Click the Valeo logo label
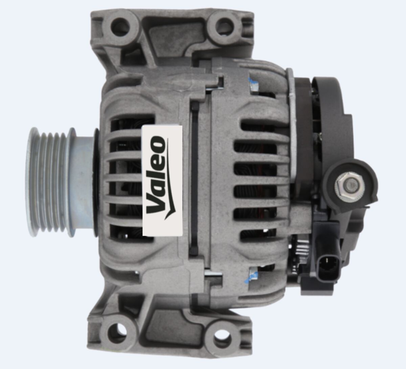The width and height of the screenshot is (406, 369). [162, 180]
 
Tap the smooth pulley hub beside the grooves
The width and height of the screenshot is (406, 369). [83, 181]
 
